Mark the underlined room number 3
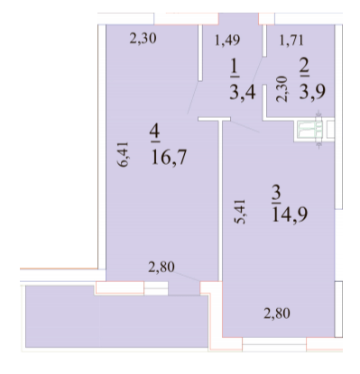point(277,192)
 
